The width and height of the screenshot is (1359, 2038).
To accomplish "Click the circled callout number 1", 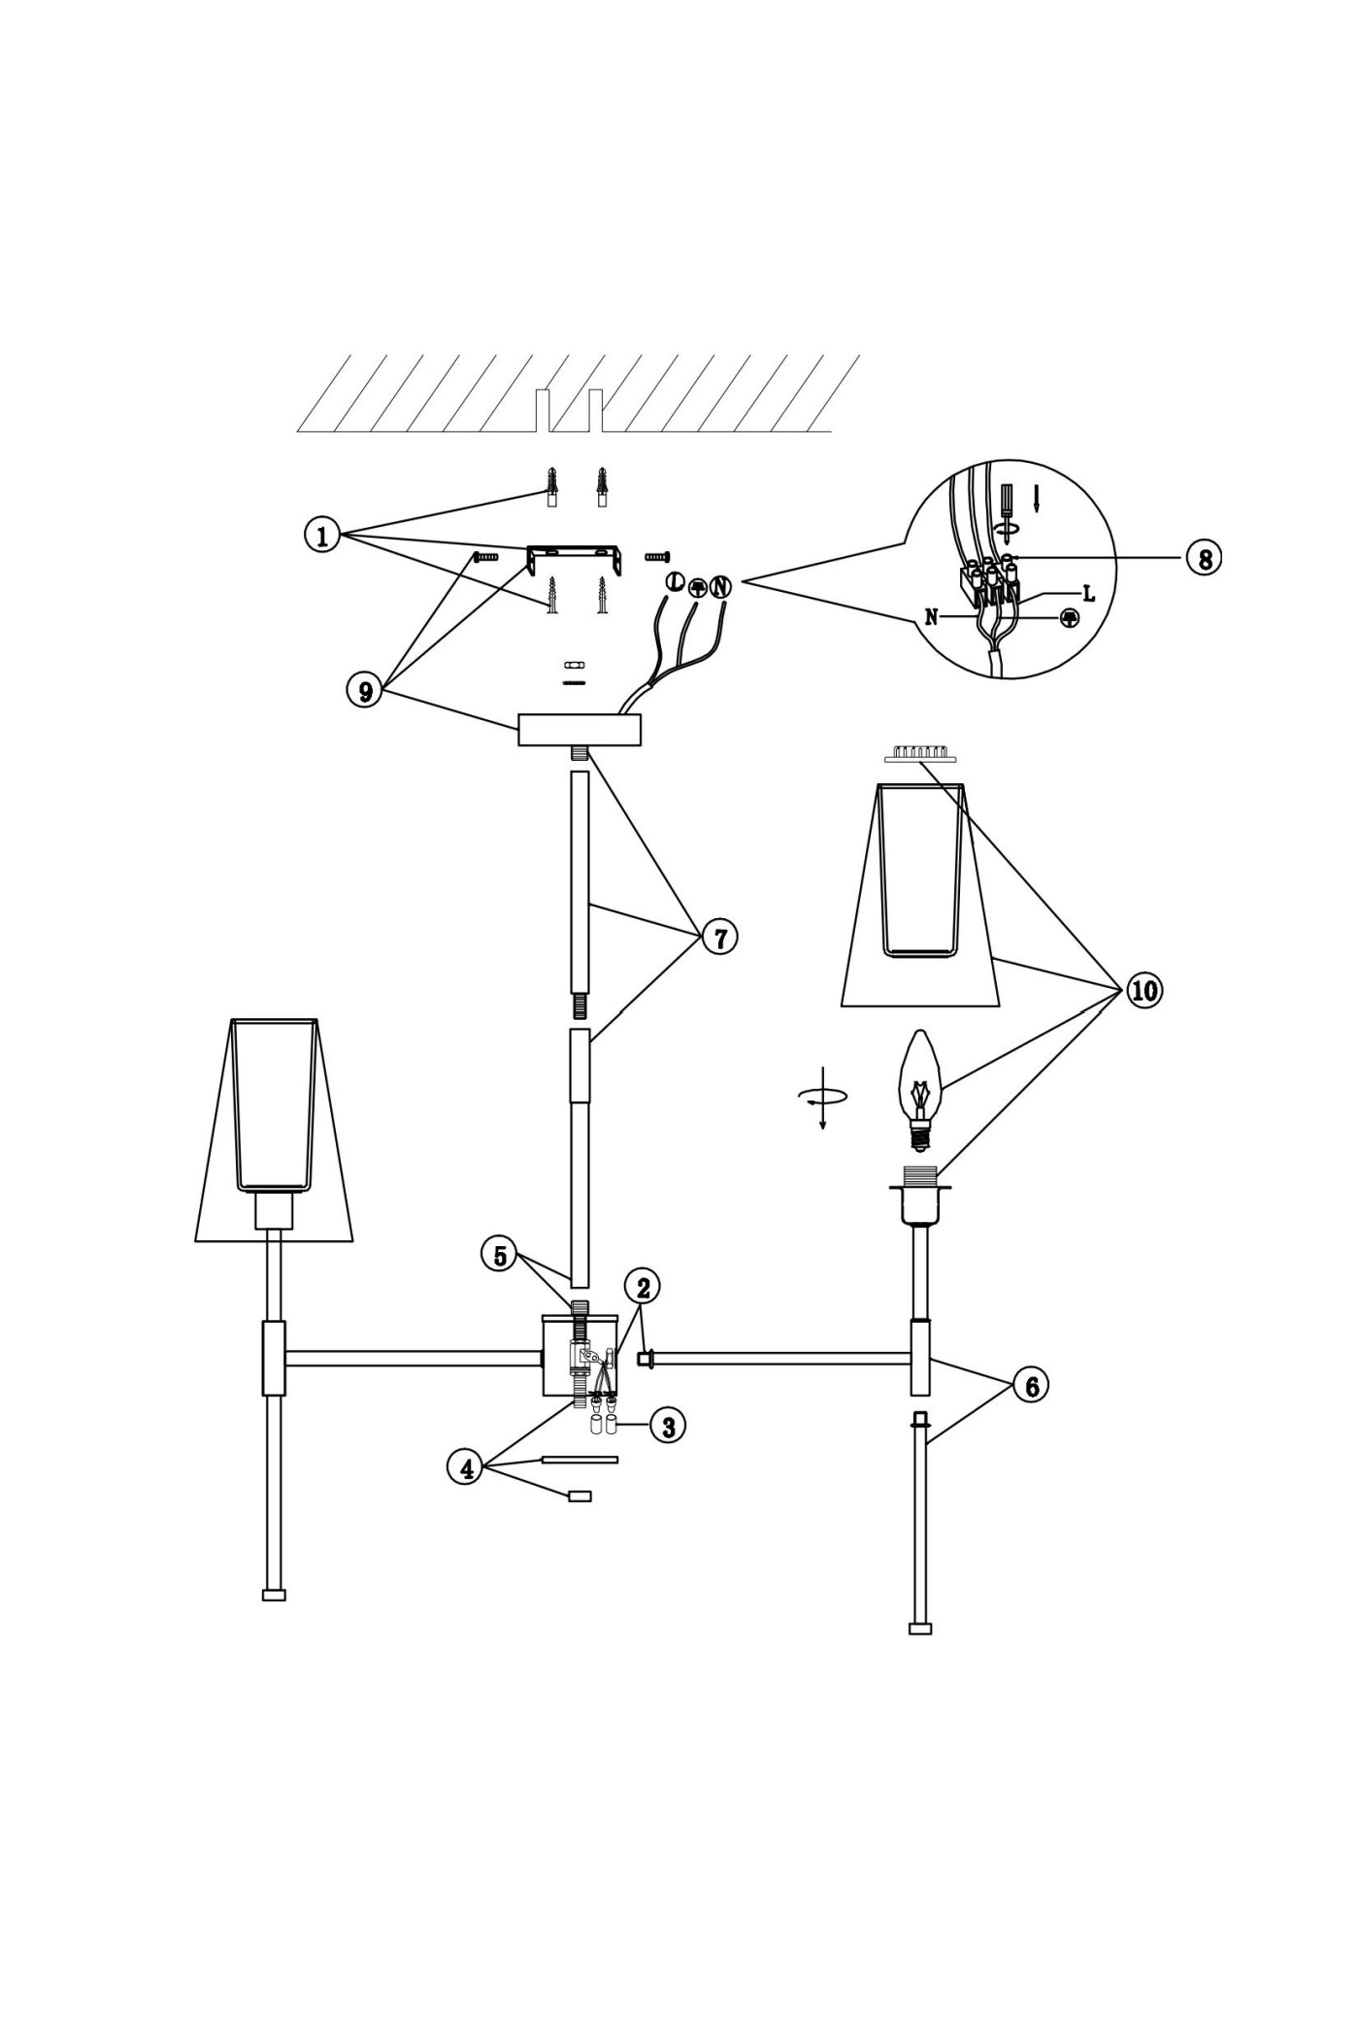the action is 321,535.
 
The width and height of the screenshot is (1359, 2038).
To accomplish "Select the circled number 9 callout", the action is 365,690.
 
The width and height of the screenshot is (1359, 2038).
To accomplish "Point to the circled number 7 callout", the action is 719,937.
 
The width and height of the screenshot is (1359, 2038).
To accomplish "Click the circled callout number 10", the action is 1144,990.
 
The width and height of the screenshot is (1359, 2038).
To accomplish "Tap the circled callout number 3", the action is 668,1426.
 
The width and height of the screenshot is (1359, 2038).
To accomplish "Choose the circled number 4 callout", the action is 467,1468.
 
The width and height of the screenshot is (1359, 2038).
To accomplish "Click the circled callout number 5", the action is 500,1256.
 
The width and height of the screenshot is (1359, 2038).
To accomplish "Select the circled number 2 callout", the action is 643,1287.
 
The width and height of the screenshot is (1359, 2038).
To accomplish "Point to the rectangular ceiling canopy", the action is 580,730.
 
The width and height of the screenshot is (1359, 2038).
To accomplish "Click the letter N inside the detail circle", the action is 932,617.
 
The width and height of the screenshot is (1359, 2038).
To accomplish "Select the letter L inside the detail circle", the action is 1088,594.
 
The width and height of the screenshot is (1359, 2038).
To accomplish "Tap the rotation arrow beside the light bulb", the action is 822,1097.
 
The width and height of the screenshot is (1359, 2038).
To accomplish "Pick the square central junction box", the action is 580,1357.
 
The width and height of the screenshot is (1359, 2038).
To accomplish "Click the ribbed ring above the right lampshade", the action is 920,753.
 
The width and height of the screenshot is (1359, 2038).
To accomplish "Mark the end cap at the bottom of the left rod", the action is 274,1594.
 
